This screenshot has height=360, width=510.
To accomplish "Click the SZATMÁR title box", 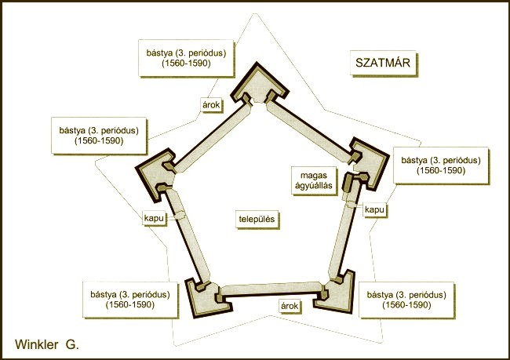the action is point(383,63).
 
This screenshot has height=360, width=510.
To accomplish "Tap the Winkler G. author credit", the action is point(47,344).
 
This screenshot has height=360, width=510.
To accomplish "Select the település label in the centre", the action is point(257,219).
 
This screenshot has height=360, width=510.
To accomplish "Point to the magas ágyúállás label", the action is point(314,180).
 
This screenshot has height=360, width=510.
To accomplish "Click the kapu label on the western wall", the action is point(154,218).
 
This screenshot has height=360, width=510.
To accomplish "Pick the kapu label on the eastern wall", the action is point(374,209).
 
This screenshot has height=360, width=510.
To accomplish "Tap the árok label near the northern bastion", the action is point(211,105).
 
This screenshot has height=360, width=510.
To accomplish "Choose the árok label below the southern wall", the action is point(290,306).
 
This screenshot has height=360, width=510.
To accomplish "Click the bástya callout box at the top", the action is point(186,58).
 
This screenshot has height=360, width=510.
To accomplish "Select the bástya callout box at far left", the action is point(99,135).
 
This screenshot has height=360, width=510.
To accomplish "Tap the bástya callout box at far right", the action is point(441,165).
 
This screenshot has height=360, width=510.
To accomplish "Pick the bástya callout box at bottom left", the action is point(130,300).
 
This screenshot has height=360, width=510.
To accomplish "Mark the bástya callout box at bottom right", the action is point(406,300).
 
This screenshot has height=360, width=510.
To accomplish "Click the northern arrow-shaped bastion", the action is point(259,85).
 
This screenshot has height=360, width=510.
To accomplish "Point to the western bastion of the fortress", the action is point(154,174).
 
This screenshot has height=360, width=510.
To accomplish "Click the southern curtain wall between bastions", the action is point(271,289).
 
